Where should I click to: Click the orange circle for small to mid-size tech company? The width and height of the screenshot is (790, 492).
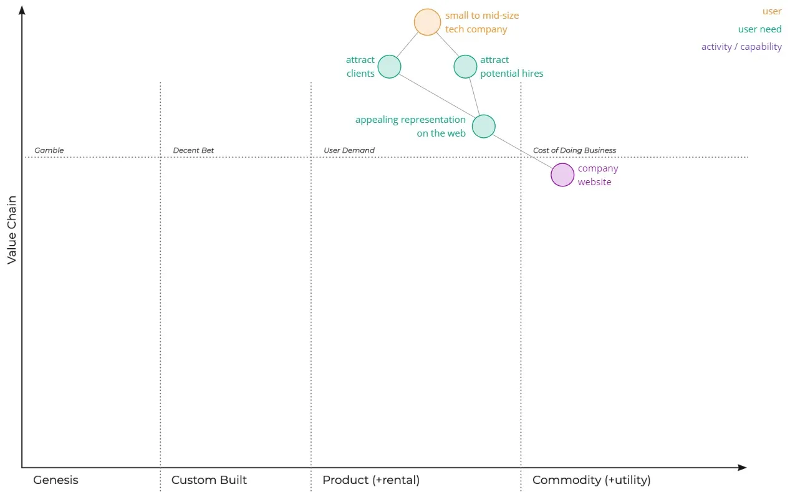click(x=427, y=22)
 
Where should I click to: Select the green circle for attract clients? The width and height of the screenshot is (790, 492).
click(x=389, y=67)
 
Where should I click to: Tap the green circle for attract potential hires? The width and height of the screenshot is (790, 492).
click(x=465, y=67)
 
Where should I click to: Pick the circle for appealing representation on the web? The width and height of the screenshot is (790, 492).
click(x=483, y=126)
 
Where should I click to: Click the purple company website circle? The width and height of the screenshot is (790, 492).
click(x=562, y=175)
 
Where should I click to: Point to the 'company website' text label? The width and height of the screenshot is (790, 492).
click(x=597, y=175)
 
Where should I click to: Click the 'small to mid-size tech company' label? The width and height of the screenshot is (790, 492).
click(x=481, y=22)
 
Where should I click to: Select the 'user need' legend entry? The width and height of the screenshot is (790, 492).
click(x=759, y=29)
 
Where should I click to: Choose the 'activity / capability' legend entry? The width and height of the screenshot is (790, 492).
click(x=741, y=47)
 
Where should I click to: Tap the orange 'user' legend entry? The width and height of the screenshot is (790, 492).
click(x=771, y=11)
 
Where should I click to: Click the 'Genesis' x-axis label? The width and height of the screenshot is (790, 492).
click(x=55, y=480)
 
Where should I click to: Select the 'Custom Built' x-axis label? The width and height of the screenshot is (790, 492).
click(x=209, y=480)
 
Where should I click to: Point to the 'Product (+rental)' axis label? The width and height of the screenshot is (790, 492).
click(x=370, y=480)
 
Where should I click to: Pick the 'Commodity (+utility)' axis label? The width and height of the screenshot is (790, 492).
click(x=591, y=480)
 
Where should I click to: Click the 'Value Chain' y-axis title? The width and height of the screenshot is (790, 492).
click(x=12, y=231)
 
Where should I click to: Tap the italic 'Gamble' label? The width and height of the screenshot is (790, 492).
click(x=49, y=150)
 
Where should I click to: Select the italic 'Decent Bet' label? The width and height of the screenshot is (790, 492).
click(x=193, y=150)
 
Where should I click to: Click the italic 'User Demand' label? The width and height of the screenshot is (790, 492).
click(x=349, y=150)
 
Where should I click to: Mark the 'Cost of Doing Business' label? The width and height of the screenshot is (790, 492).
click(x=574, y=150)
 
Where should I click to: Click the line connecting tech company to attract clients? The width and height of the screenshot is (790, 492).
click(x=408, y=44)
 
